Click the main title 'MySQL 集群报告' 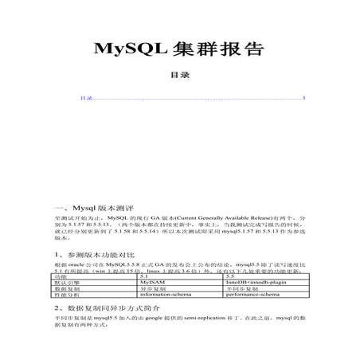pyautogui.click(x=179, y=49)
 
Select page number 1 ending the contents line pyautogui.click(x=304, y=98)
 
